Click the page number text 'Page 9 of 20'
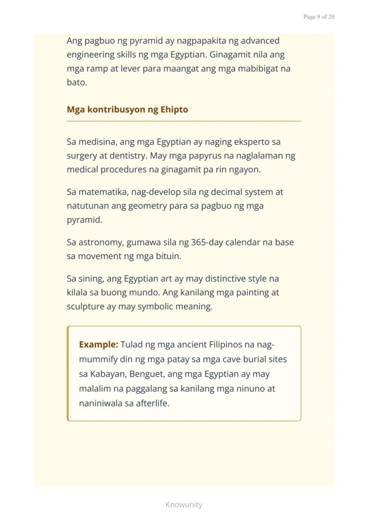[319, 17]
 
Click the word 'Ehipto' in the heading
[174, 109]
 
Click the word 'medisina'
[98, 142]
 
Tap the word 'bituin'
[168, 256]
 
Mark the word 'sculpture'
[85, 307]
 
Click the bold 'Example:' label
[98, 344]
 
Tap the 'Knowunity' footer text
[184, 505]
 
